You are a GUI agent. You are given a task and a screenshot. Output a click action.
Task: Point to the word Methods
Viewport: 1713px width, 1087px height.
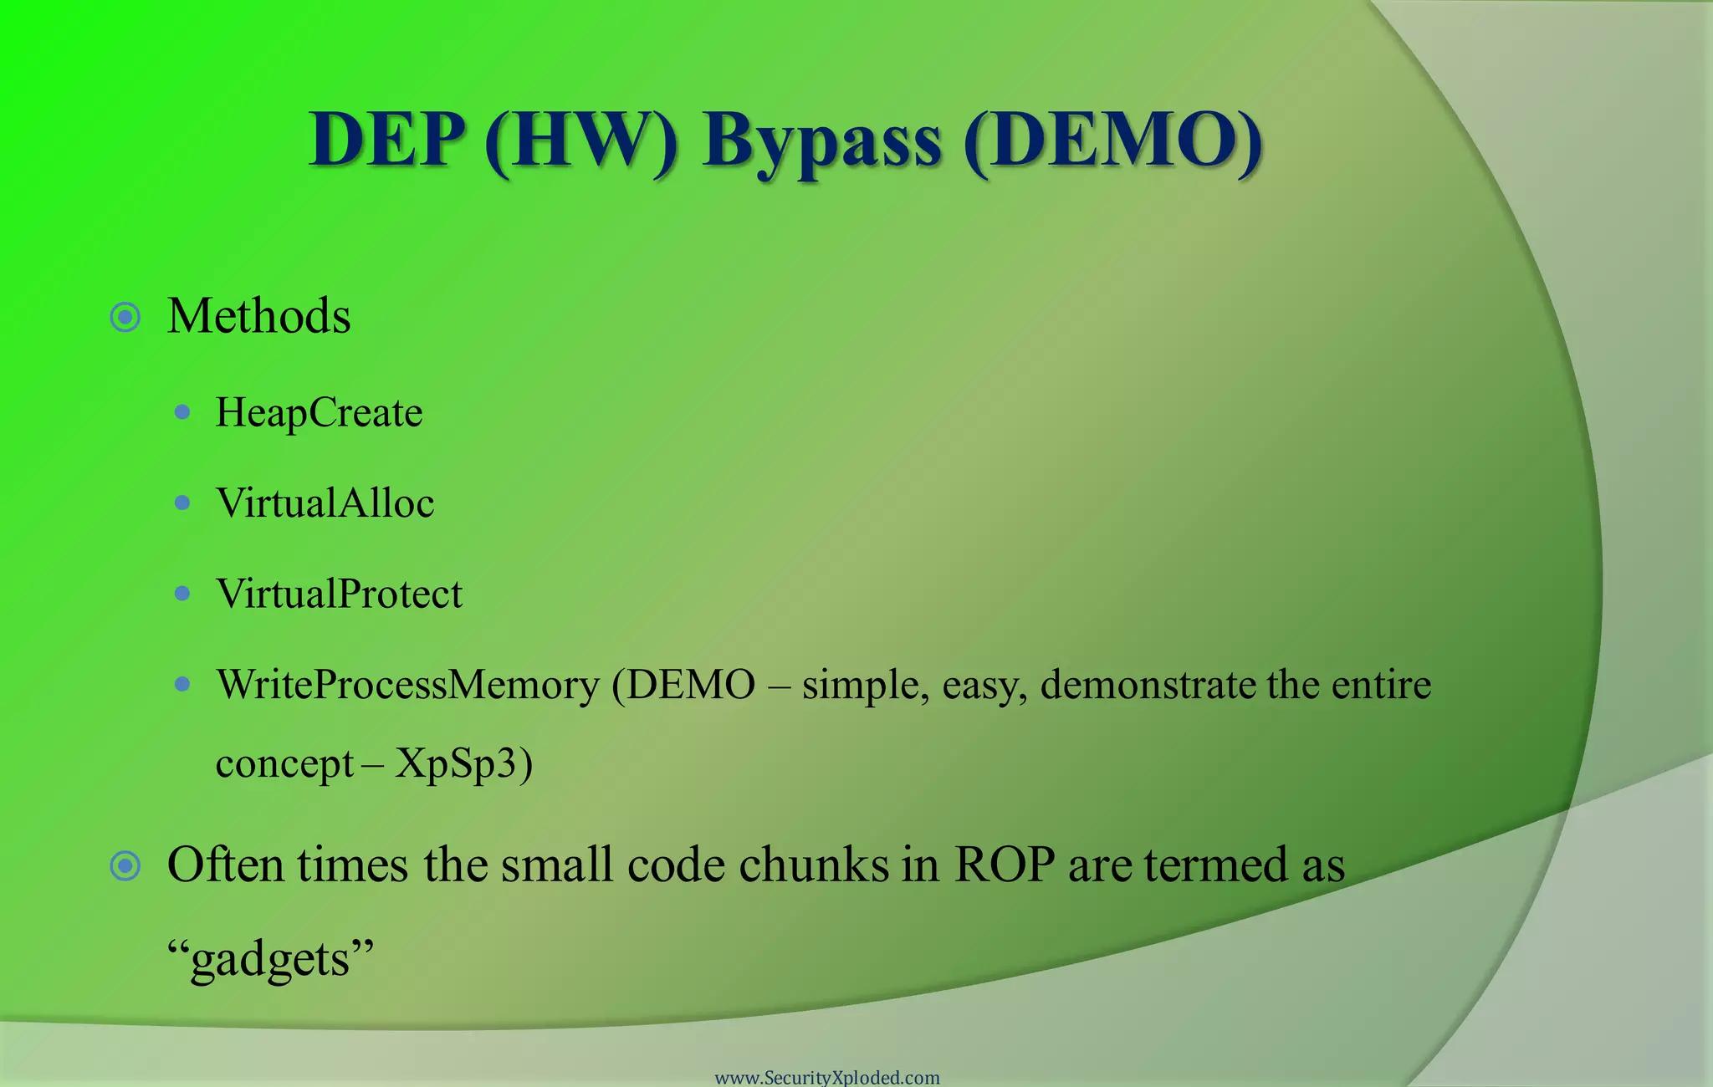click(x=258, y=317)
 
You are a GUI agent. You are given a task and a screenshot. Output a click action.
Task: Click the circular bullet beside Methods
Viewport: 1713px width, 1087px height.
click(x=125, y=318)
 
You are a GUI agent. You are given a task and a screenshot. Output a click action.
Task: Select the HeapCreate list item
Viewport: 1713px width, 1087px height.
click(x=319, y=412)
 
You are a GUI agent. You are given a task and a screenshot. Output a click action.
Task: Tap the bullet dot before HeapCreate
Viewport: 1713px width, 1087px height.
click(x=182, y=412)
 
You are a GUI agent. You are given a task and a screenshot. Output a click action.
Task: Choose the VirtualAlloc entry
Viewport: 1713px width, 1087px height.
click(x=325, y=503)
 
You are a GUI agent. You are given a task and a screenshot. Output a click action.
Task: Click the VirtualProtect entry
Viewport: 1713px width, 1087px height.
click(x=339, y=594)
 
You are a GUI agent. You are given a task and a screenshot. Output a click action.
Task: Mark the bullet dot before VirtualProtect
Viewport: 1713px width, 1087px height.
click(x=182, y=594)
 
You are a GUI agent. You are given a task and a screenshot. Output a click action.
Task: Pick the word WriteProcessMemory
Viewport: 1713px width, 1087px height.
click(x=407, y=685)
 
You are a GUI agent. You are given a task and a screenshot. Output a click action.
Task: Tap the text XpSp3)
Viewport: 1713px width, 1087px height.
click(x=463, y=763)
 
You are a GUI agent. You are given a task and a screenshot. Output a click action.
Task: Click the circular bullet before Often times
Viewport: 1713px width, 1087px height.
click(x=125, y=866)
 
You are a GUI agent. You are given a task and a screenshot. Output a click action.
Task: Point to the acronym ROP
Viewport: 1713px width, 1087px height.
click(x=1005, y=865)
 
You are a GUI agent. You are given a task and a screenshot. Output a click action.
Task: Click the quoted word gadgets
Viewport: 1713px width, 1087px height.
click(x=270, y=958)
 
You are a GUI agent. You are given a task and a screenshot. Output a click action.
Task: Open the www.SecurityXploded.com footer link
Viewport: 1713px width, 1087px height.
click(x=827, y=1077)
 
